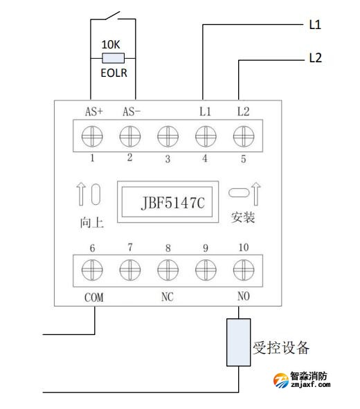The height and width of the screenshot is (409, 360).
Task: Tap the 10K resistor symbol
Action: point(112,59)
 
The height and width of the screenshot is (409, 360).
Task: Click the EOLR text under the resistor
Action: point(112,72)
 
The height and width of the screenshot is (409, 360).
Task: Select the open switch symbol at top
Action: point(113,15)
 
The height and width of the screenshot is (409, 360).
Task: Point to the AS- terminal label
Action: point(131,111)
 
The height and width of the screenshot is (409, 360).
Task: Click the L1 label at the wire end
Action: point(315,25)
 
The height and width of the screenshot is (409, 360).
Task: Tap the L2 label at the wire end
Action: point(315,59)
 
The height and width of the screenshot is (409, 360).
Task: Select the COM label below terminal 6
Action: point(93,298)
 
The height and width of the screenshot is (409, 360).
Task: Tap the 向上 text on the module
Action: point(91,224)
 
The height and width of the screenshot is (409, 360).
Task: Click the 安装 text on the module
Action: point(242,218)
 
